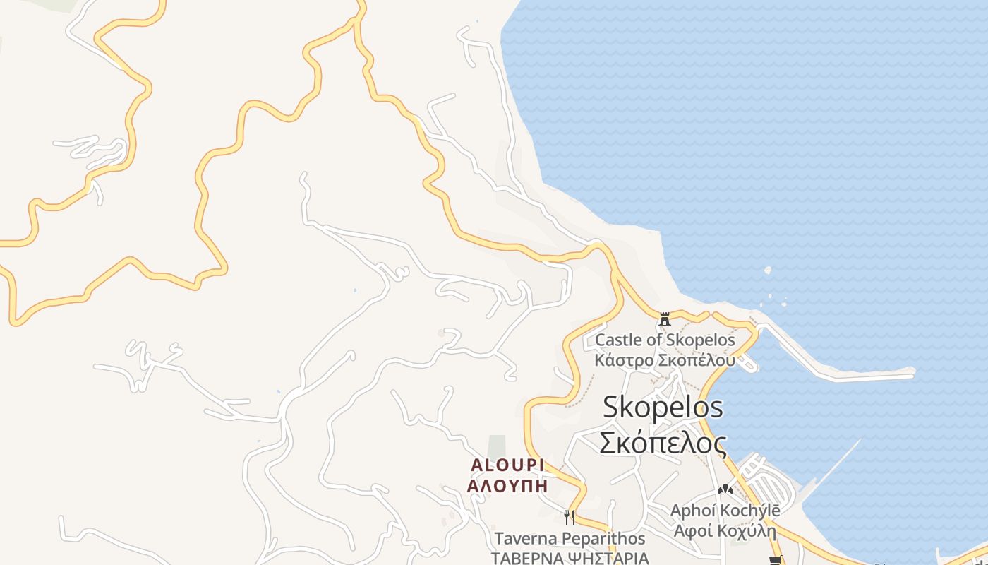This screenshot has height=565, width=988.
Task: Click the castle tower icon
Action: pos(664,319)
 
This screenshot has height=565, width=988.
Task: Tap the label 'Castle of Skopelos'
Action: pos(665,340)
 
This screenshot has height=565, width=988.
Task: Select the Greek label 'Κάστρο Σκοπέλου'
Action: pos(665,359)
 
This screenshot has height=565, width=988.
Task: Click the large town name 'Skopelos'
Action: pos(663,408)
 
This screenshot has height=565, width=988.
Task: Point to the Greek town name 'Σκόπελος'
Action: pos(663,443)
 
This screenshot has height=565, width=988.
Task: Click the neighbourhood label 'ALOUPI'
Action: pos(507,465)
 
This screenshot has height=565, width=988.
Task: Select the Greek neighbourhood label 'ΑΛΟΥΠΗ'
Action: pos(507,486)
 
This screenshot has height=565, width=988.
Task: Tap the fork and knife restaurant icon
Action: pos(569,518)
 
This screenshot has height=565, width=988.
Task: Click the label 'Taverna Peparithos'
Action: pos(570,538)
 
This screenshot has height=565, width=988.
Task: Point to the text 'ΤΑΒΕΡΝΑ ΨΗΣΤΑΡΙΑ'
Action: pos(570,558)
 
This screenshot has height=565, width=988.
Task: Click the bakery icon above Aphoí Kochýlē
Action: pos(725,489)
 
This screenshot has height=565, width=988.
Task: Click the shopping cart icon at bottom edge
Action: pos(776,561)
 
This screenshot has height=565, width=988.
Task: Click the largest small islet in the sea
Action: pos(768,270)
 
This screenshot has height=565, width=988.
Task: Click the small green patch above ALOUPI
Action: pos(497,445)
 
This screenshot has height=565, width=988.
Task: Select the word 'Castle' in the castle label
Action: pos(618,340)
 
